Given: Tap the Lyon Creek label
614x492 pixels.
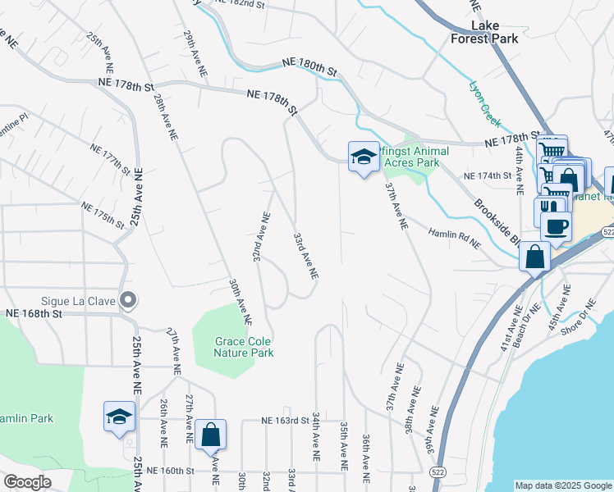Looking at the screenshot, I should click(484, 102).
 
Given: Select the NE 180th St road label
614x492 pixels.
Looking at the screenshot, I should click(309, 67).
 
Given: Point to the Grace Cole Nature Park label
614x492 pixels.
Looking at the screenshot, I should click(231, 347).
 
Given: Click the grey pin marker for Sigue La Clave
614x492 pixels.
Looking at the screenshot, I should click(127, 300).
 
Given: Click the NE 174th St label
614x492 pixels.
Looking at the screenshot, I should click(488, 176).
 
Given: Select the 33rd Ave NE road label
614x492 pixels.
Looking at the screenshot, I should click(305, 256).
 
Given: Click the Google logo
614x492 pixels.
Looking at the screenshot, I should click(26, 482).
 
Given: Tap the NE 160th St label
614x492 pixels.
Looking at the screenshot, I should click(169, 471).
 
